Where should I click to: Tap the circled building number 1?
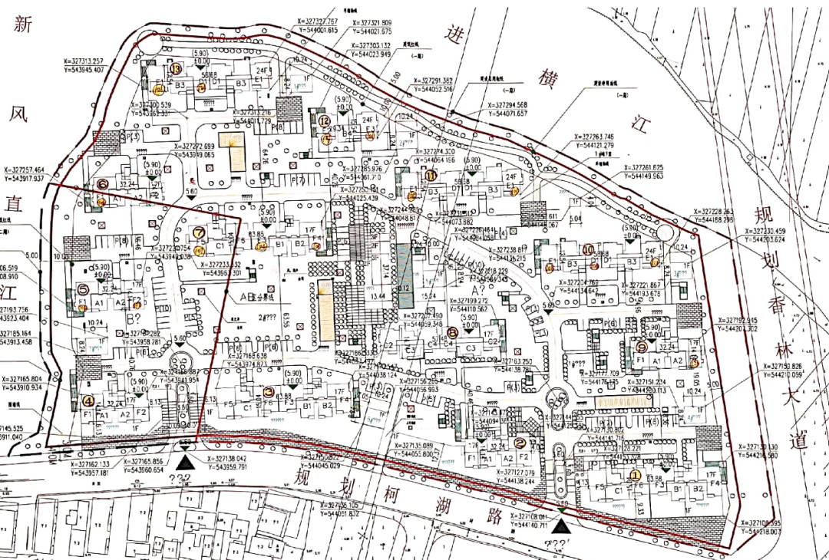tap(635, 474)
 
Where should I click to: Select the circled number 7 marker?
tap(199, 232)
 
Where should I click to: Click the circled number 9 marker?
tap(642, 347)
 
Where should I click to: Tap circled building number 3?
tap(268, 391)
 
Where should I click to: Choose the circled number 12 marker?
tap(325, 120)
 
